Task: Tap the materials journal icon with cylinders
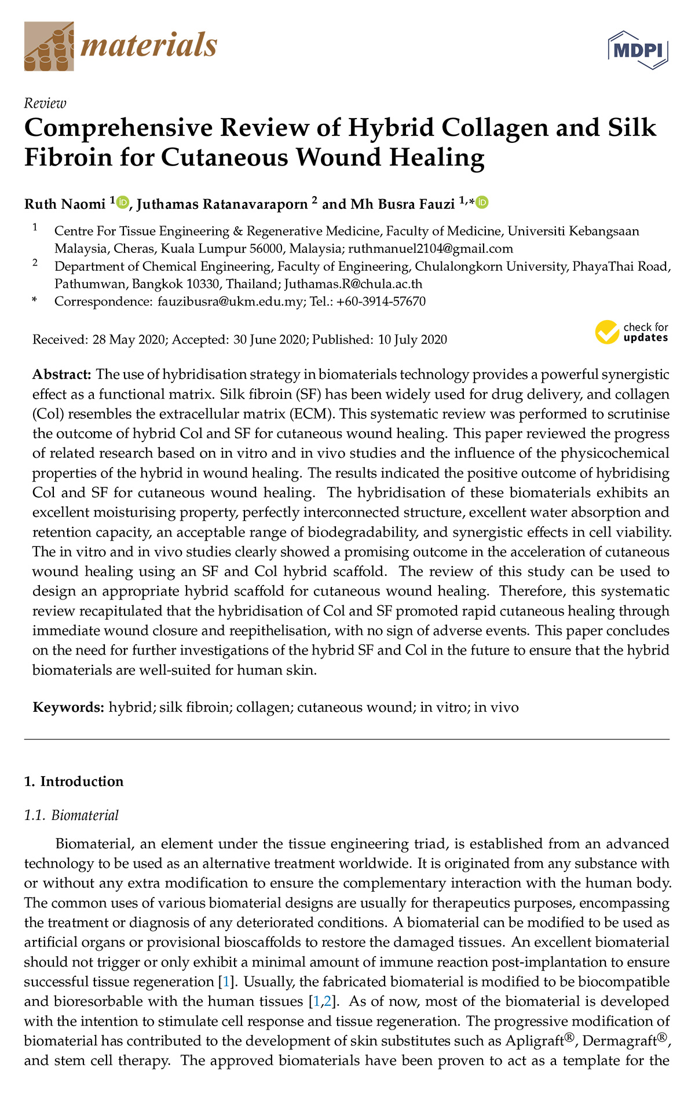click(x=49, y=47)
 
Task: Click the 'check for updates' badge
click(x=632, y=332)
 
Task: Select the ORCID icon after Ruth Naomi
click(x=123, y=203)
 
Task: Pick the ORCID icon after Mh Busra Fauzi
click(x=482, y=203)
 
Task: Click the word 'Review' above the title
click(x=45, y=103)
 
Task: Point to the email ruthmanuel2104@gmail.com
click(x=430, y=249)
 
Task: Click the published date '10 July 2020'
click(x=412, y=340)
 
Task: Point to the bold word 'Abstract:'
click(x=62, y=374)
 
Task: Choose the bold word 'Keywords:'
click(x=68, y=707)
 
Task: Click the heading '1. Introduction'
click(x=74, y=781)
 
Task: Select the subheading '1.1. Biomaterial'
click(x=71, y=815)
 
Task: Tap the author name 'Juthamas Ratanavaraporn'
click(x=222, y=204)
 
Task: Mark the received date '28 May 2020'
click(x=129, y=340)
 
